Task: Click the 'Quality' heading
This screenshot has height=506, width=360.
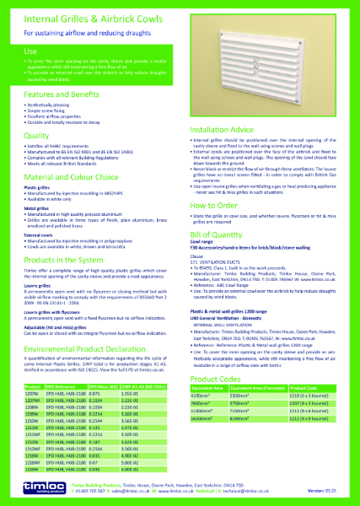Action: (37, 135)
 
